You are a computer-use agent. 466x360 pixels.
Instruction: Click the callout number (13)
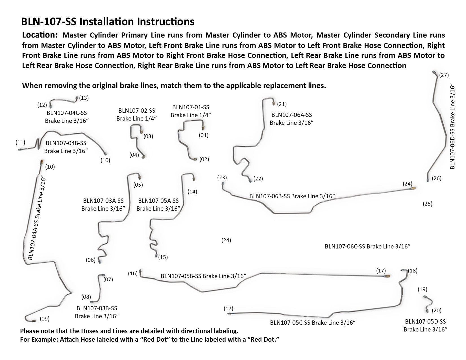click(84, 98)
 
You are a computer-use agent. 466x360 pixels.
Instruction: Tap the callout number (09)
click(45, 319)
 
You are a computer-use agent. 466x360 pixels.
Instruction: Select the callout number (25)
click(428, 204)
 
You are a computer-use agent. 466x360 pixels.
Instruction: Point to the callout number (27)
click(444, 75)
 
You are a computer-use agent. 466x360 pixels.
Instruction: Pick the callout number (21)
click(282, 104)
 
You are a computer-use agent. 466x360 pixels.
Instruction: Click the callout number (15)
click(163, 257)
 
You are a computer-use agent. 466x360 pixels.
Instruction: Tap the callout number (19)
click(423, 289)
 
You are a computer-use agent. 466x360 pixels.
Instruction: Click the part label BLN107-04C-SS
click(66, 113)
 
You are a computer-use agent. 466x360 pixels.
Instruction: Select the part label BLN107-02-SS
click(137, 111)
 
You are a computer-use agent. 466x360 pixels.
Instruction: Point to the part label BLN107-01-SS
click(191, 107)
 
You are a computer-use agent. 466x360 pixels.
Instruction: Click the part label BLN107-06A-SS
click(291, 115)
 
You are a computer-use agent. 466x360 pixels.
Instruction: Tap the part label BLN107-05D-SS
click(425, 321)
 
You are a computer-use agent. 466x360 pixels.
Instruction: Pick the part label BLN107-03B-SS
click(97, 308)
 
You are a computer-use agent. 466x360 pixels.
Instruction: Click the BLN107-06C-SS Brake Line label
click(367, 246)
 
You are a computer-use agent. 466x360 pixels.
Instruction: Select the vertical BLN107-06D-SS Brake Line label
click(452, 126)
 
